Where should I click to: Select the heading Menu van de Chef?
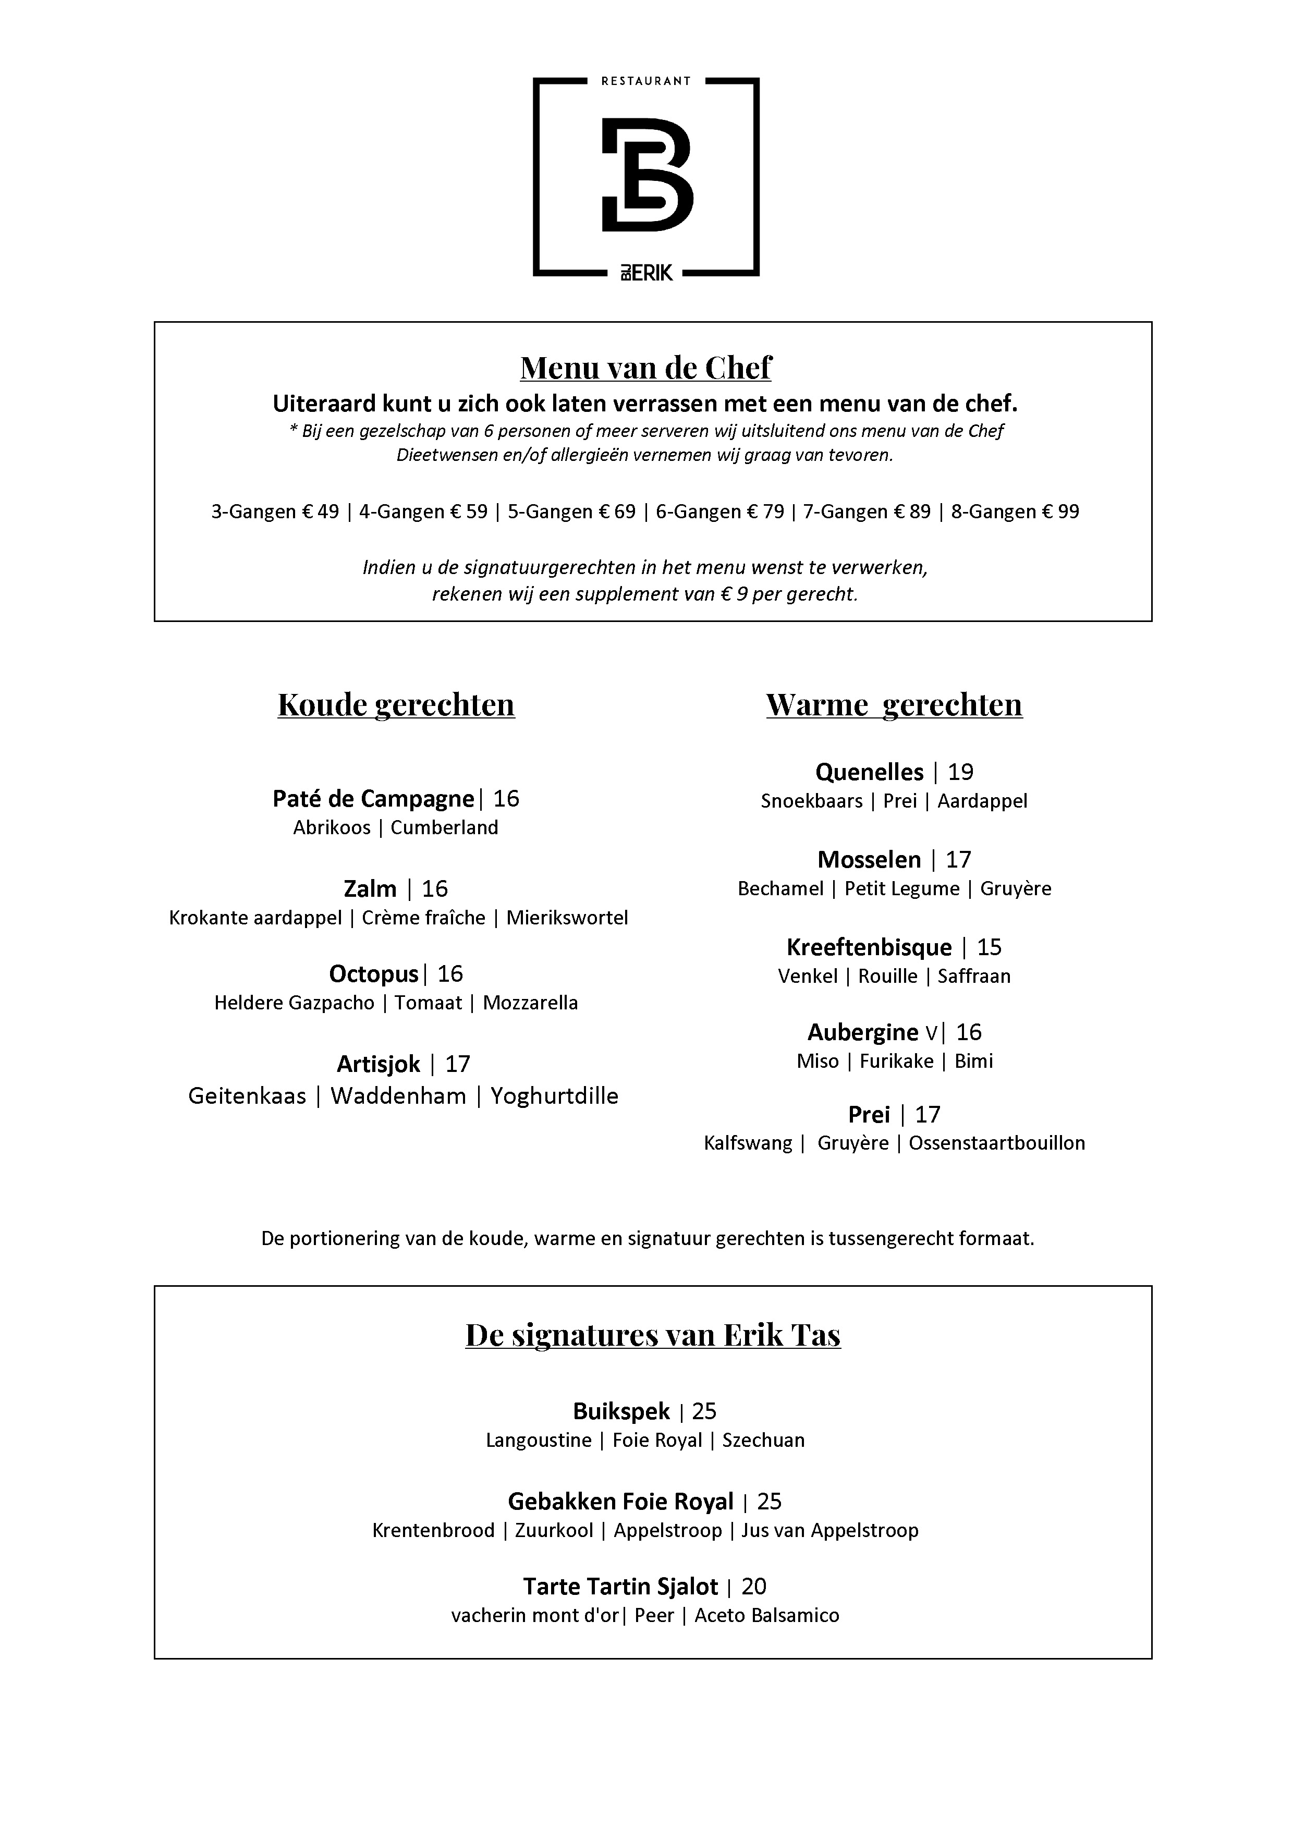coord(645,368)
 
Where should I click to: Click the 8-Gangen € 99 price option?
coord(1015,511)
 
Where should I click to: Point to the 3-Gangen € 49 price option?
coord(275,511)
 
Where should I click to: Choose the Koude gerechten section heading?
coord(396,705)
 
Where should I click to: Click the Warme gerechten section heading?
coord(894,705)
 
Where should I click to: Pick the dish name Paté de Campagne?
coord(373,798)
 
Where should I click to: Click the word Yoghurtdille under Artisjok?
coord(555,1096)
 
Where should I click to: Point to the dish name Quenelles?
coord(869,772)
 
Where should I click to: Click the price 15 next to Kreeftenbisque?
coord(990,947)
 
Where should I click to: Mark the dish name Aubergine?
coord(863,1032)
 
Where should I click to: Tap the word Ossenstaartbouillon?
coord(997,1143)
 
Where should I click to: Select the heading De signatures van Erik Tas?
coord(652,1335)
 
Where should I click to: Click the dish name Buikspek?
coord(621,1411)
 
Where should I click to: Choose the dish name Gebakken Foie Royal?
coord(620,1502)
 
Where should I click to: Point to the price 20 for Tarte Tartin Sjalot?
coord(754,1587)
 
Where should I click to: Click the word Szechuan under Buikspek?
coord(763,1440)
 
